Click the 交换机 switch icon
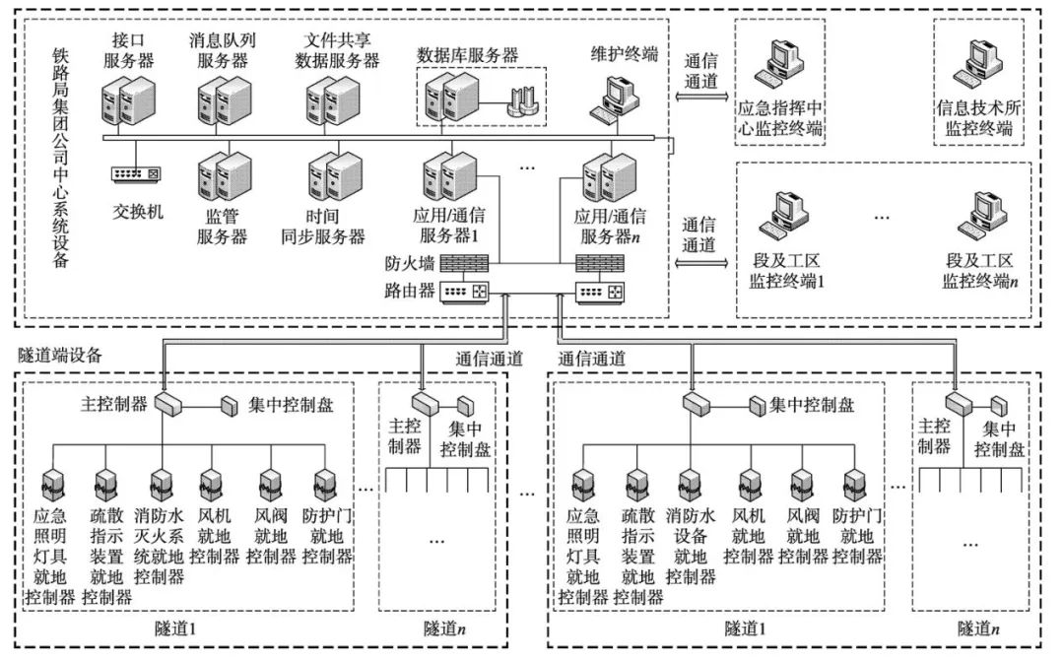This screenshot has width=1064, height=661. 136,174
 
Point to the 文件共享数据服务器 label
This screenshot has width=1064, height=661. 338,50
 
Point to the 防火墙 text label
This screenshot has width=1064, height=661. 407,264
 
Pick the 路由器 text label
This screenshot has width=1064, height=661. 407,293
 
